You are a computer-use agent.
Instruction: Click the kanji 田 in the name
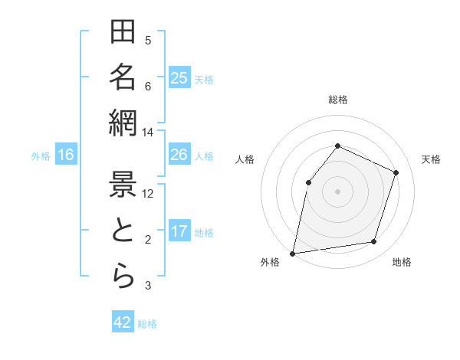[x=123, y=33]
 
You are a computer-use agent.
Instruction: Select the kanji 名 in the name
[x=123, y=77]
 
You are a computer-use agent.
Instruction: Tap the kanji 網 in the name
[x=123, y=123]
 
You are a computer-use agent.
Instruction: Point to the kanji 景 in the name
[x=123, y=184]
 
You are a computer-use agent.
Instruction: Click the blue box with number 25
[x=179, y=77]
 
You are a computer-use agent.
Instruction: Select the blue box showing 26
[x=179, y=155]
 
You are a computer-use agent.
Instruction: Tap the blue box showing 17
[x=179, y=231]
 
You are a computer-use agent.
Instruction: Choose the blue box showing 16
[x=66, y=155]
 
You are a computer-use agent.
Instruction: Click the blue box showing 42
[x=123, y=322]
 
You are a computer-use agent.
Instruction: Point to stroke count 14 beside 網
[x=148, y=133]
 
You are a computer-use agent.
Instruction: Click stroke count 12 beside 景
[x=148, y=193]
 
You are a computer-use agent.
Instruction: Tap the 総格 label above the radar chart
[x=337, y=100]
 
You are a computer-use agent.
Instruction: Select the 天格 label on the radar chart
[x=431, y=159]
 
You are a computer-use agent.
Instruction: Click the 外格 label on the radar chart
[x=270, y=262]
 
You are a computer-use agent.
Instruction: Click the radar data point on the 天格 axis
[x=396, y=172]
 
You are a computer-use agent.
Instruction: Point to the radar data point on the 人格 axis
[x=308, y=182]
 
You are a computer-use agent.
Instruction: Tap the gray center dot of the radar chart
[x=337, y=191]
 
